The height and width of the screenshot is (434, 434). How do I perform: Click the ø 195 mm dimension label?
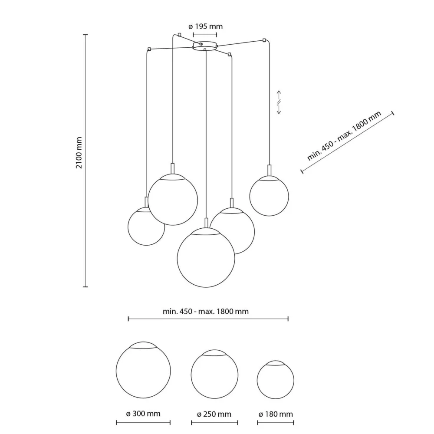[206, 26]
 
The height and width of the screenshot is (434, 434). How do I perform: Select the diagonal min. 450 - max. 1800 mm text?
[344, 136]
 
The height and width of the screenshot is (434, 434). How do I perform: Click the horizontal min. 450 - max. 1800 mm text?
[206, 311]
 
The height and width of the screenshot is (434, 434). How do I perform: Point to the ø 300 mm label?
[143, 414]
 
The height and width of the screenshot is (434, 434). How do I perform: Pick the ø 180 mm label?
[276, 414]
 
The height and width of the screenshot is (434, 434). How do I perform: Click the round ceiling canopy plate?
[205, 46]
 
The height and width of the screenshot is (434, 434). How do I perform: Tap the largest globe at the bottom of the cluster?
[206, 258]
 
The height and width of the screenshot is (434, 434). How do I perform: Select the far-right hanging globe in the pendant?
[269, 196]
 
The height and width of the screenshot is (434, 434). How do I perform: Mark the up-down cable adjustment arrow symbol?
[279, 103]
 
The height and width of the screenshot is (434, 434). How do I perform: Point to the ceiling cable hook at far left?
[149, 49]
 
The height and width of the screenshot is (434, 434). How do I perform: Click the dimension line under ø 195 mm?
[205, 34]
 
